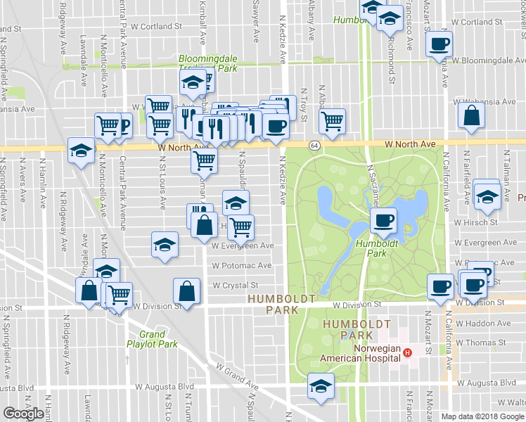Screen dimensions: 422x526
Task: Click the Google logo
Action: [x=23, y=414]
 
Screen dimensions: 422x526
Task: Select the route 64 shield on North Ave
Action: [x=314, y=145]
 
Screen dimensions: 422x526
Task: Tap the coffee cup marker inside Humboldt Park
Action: [x=383, y=222]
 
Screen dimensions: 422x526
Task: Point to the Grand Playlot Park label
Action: [x=152, y=339]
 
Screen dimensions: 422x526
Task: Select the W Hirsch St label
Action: [x=475, y=222]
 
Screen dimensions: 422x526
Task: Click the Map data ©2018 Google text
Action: [x=482, y=416]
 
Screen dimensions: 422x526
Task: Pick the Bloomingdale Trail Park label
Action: [x=208, y=64]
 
